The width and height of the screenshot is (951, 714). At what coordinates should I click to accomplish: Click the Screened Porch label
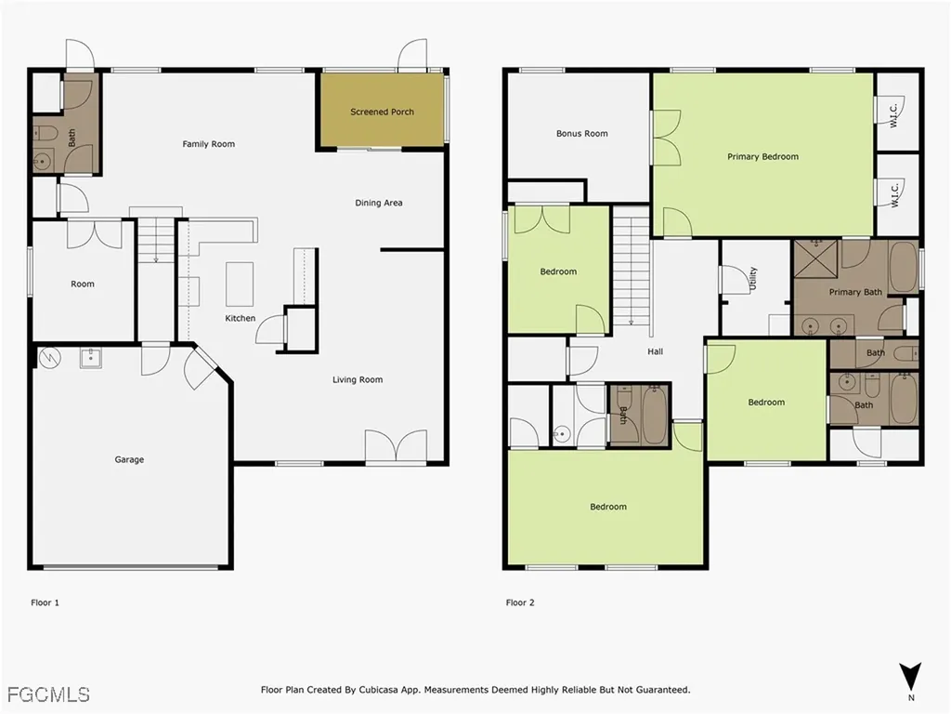[382, 112]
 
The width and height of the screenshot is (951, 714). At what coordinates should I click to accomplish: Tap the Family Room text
[209, 144]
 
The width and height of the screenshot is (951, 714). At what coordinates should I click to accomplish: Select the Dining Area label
[379, 203]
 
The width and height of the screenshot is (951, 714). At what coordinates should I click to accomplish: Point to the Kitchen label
[241, 318]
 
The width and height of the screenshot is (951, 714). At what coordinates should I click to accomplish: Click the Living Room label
[358, 380]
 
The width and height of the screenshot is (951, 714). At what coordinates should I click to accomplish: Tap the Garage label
[129, 459]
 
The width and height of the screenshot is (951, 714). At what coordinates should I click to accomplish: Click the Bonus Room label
[581, 134]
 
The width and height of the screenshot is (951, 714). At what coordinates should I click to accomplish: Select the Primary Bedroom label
[763, 156]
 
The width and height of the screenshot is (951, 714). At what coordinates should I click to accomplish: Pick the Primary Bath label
[855, 292]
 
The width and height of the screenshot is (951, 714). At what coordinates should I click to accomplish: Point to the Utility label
[753, 279]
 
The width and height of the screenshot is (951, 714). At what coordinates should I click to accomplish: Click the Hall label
[655, 351]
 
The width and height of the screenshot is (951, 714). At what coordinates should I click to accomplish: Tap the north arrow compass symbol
[911, 677]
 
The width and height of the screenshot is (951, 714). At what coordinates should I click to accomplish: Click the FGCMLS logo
[48, 694]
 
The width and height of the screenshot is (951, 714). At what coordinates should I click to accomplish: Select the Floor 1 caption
[45, 602]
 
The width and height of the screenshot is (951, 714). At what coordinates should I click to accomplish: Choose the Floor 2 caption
[520, 602]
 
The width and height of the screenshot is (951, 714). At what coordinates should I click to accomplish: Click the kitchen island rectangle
[240, 284]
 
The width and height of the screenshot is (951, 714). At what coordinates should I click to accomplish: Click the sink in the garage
[91, 358]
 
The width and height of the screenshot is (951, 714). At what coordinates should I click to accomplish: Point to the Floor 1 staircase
[156, 240]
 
